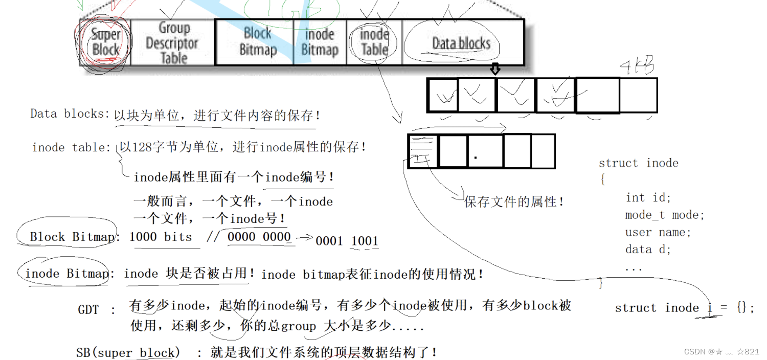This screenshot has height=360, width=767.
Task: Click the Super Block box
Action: (105, 42)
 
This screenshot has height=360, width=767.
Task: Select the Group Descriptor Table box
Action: (173, 43)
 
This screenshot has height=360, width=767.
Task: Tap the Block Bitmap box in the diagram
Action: (257, 42)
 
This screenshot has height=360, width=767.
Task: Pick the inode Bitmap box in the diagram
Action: (320, 42)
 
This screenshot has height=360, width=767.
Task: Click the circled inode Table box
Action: (374, 42)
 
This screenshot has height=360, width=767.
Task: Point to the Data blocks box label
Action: (461, 43)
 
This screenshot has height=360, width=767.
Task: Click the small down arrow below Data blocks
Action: (494, 69)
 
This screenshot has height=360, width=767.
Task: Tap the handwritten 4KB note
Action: (636, 65)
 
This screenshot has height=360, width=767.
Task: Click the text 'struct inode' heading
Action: (638, 163)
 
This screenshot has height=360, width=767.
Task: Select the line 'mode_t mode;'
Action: (664, 215)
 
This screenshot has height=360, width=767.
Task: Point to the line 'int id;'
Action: (648, 197)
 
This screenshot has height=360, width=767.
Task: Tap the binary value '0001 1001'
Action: (347, 241)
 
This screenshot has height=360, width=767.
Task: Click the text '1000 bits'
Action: (161, 237)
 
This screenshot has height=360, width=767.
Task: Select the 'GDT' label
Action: (88, 310)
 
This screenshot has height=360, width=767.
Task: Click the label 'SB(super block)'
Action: (128, 353)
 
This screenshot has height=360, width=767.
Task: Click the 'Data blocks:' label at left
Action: (70, 114)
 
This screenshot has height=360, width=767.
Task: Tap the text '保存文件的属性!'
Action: (513, 202)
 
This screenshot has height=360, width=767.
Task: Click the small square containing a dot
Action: (485, 151)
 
